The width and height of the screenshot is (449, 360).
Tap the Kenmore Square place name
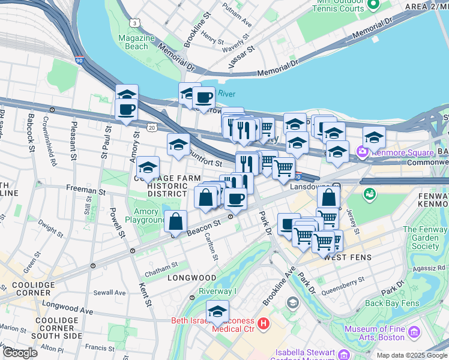tap(391, 150)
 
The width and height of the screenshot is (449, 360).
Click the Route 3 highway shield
tap(135, 22)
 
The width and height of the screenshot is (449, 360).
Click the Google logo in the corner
tap(20, 353)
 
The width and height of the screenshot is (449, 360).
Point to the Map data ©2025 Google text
tap(412, 355)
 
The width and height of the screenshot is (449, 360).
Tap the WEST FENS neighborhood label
tap(348, 257)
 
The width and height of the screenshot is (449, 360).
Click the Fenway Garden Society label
tap(425, 238)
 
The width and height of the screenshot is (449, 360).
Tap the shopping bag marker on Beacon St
tap(175, 221)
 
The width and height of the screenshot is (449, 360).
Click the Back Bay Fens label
tap(391, 303)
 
